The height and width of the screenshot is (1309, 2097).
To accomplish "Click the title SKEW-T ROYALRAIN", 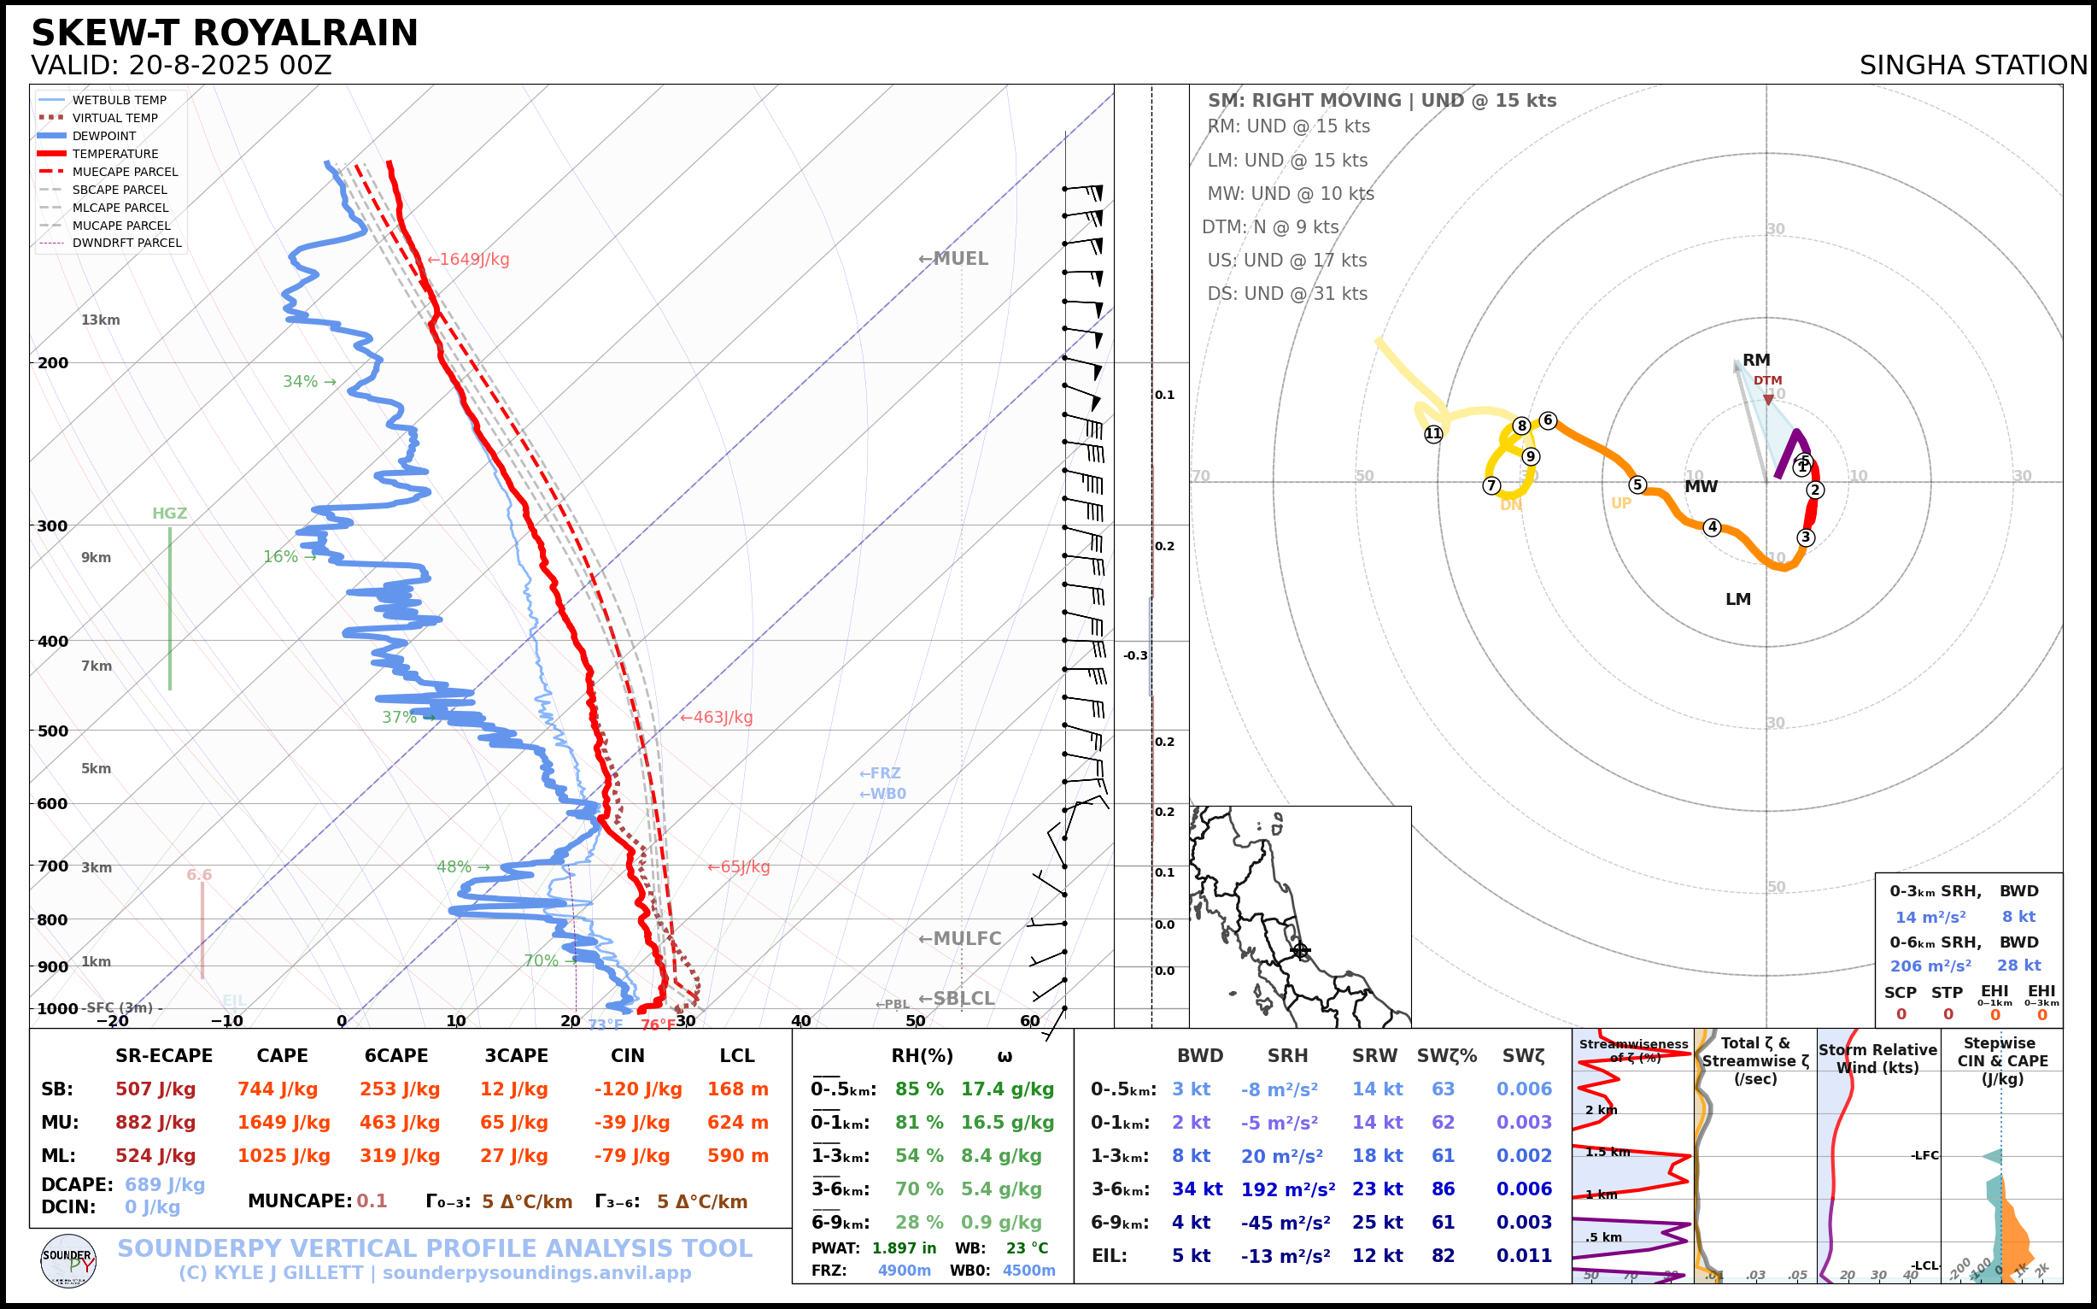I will (x=224, y=34).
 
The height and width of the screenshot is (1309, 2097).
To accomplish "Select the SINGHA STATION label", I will (x=1973, y=66).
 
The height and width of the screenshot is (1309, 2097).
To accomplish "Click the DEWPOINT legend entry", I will (x=104, y=136).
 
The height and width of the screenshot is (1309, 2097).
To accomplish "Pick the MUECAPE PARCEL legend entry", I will (x=125, y=172).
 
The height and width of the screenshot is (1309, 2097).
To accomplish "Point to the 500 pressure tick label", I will (x=53, y=731).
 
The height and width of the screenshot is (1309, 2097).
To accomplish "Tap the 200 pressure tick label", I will (x=53, y=364).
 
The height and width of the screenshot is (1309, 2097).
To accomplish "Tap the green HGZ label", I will (x=170, y=514).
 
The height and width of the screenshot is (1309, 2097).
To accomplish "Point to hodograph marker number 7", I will (x=1491, y=485).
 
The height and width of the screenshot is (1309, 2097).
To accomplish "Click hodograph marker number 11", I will (x=1433, y=434).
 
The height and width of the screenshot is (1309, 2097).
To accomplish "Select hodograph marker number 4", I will (x=1712, y=526).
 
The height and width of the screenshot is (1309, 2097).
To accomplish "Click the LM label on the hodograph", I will (x=1738, y=599).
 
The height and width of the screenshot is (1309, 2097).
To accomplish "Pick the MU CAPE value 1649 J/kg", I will (x=284, y=1123).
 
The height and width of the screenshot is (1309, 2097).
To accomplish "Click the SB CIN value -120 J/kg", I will (x=638, y=1089).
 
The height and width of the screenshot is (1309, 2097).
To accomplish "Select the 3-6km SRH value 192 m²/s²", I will (x=1288, y=1189).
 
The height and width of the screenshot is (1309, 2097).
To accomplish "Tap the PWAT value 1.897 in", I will (x=904, y=1248).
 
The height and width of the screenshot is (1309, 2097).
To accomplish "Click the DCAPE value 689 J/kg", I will (x=165, y=1184).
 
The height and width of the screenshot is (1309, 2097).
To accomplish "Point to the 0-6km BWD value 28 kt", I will (x=2018, y=966).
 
